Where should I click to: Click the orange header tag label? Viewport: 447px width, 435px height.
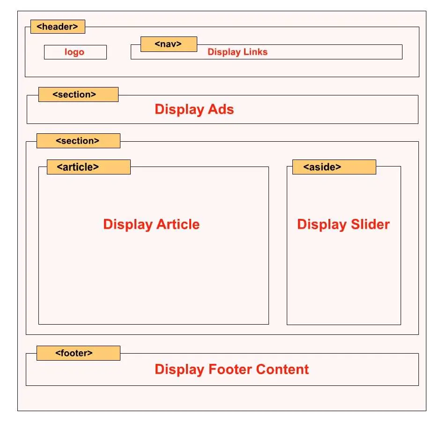pyautogui.click(x=58, y=27)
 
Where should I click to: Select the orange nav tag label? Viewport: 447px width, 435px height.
pyautogui.click(x=169, y=44)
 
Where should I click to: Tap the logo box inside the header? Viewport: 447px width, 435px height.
pyautogui.click(x=75, y=52)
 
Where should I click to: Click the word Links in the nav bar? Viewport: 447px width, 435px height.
pyautogui.click(x=255, y=52)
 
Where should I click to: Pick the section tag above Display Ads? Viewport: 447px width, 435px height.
pyautogui.click(x=78, y=94)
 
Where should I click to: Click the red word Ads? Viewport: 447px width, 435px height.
pyautogui.click(x=221, y=109)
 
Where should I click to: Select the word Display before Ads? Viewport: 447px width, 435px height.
pyautogui.click(x=179, y=110)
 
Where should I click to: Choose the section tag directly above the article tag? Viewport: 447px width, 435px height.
pyautogui.click(x=78, y=140)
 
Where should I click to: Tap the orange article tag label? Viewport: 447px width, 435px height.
pyautogui.click(x=89, y=167)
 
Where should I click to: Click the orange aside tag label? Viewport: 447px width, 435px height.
pyautogui.click(x=334, y=167)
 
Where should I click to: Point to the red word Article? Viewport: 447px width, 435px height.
pyautogui.click(x=178, y=224)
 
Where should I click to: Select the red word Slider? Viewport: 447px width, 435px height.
pyautogui.click(x=370, y=224)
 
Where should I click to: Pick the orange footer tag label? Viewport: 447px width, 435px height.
pyautogui.click(x=78, y=353)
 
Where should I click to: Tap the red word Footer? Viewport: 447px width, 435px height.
pyautogui.click(x=231, y=369)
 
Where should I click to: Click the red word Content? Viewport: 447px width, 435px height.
pyautogui.click(x=283, y=369)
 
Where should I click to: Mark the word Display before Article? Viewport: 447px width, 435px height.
pyautogui.click(x=128, y=225)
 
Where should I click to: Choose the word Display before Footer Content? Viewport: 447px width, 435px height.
pyautogui.click(x=179, y=370)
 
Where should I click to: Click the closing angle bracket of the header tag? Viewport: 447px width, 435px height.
pyautogui.click(x=75, y=27)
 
